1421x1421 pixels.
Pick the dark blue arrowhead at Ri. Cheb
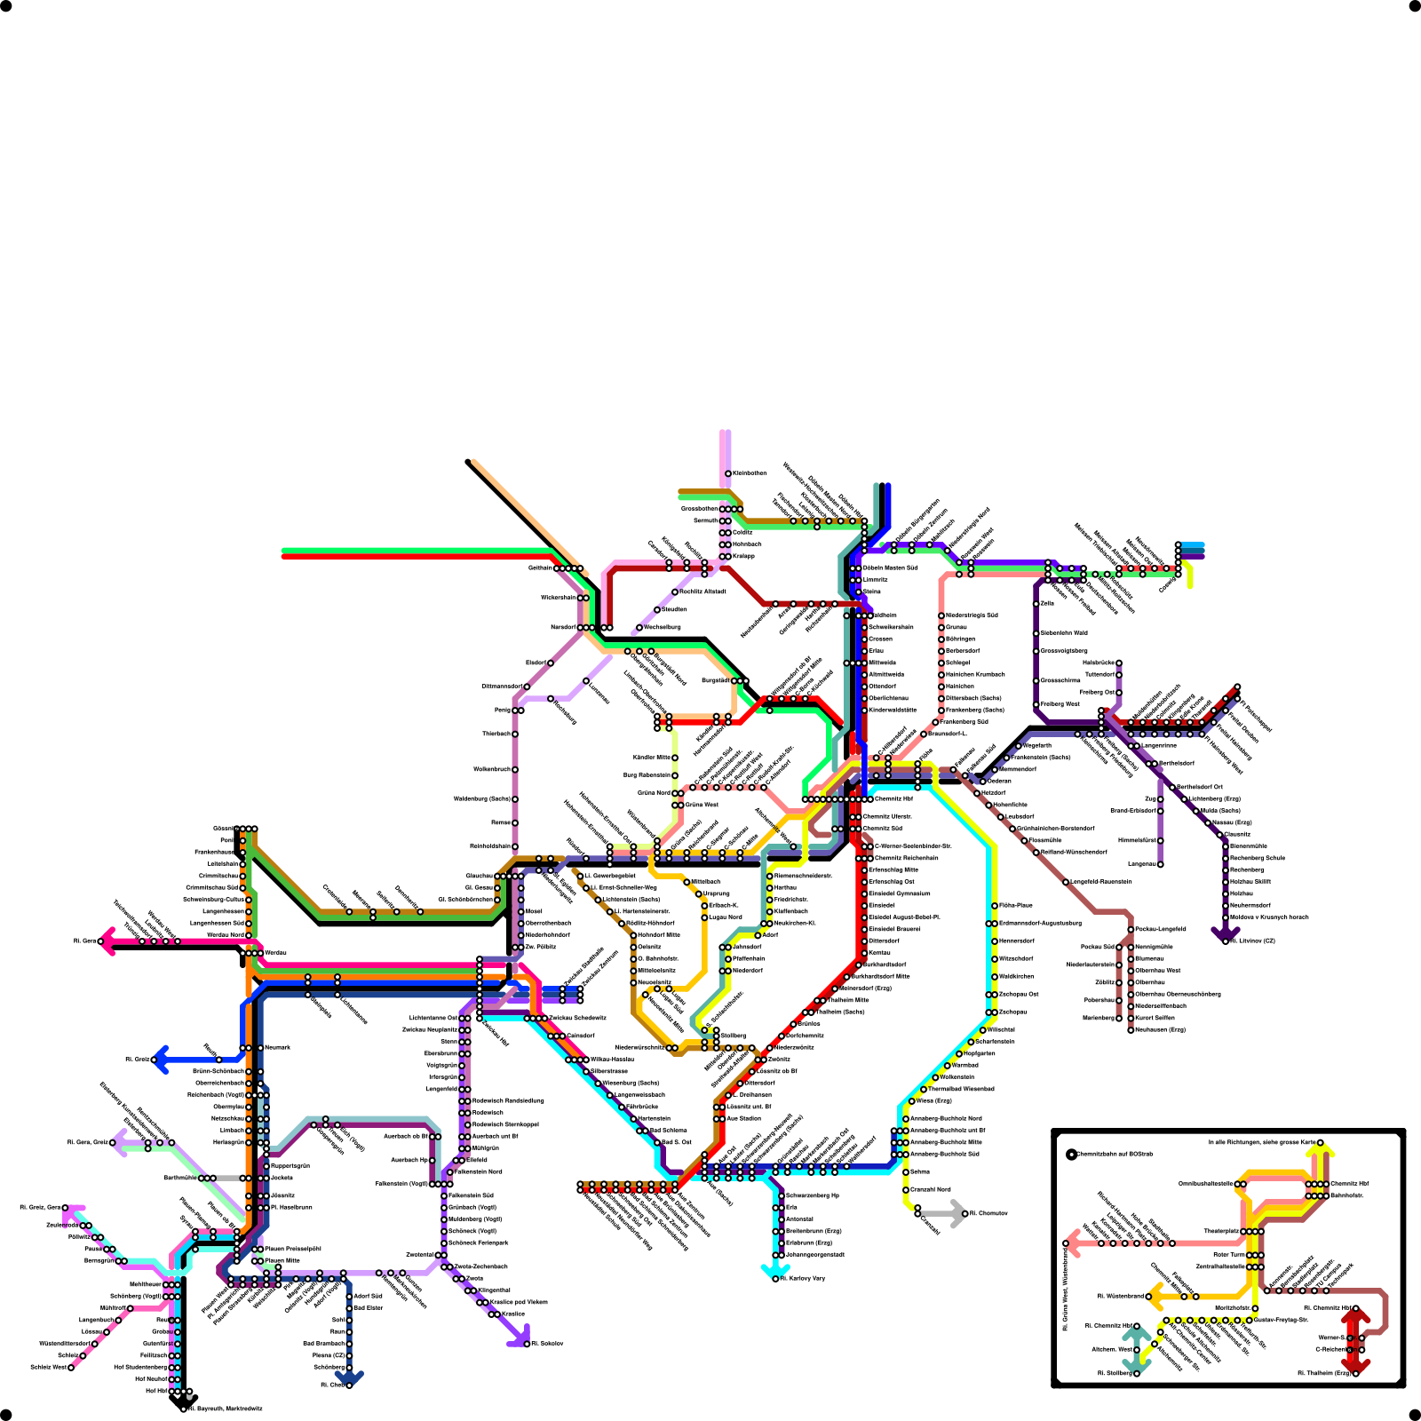point(349,1378)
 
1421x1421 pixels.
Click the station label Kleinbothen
point(750,473)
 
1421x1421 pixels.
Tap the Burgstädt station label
point(715,681)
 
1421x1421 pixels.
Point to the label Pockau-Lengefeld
point(1160,929)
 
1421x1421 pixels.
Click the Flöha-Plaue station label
point(1016,906)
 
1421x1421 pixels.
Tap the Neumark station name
point(276,1048)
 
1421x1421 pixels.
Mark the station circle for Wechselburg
point(639,628)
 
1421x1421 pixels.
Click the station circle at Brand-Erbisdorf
point(1160,811)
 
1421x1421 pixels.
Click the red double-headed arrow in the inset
point(1355,1341)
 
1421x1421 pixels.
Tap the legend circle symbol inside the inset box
point(1071,1155)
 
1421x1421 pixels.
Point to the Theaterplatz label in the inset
point(1221,1232)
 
